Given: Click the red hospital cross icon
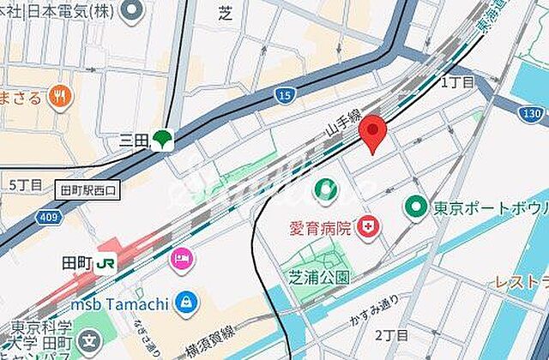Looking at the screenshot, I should pyautogui.click(x=371, y=228).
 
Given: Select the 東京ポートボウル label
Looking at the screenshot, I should pyautogui.click(x=491, y=207).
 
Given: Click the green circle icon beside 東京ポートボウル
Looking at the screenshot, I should pyautogui.click(x=417, y=207).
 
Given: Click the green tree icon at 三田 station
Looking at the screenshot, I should pyautogui.click(x=160, y=139).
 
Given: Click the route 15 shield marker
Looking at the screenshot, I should pyautogui.click(x=287, y=93).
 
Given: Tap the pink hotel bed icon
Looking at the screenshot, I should pyautogui.click(x=181, y=257).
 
